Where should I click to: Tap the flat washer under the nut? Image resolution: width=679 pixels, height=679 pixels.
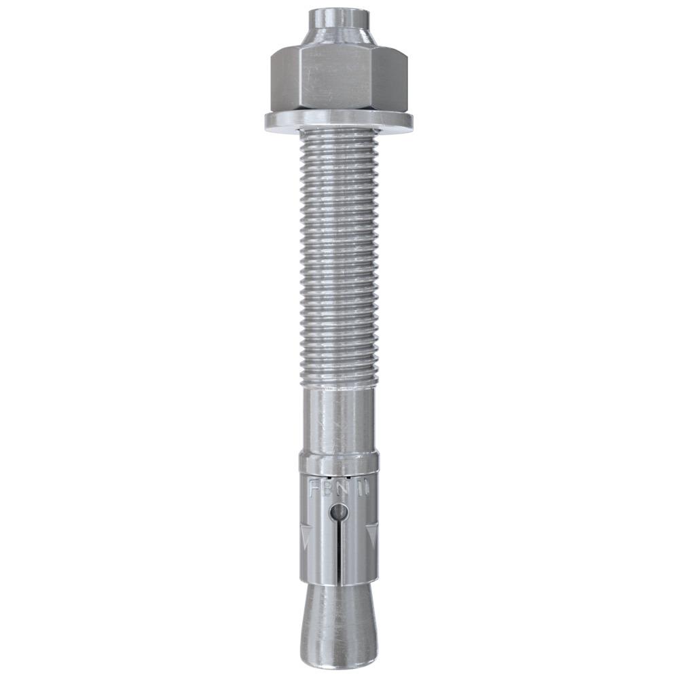point(338,122)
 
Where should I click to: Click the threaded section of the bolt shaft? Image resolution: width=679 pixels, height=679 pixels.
point(337,258)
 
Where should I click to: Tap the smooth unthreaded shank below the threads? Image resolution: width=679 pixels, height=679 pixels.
point(337,421)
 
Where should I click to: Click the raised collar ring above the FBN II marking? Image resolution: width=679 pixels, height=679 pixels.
point(337,464)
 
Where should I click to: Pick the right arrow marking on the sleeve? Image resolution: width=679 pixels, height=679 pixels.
point(371,538)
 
